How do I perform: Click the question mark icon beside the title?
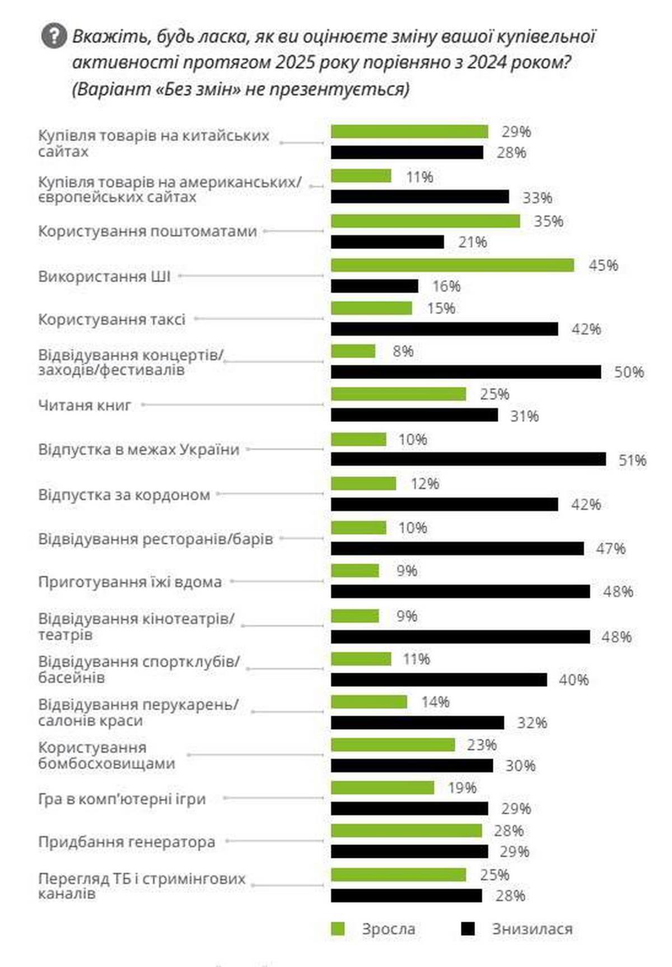[x=54, y=37]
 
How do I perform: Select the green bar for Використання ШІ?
[x=452, y=265]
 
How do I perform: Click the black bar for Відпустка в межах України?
[x=468, y=459]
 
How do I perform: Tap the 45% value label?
[x=603, y=265]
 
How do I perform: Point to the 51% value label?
[x=632, y=460]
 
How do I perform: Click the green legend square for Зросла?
[x=338, y=929]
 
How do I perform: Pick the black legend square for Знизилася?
[x=468, y=929]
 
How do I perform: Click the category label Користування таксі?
[x=111, y=320]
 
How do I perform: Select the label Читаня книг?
[x=85, y=405]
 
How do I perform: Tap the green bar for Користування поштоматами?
[x=426, y=221]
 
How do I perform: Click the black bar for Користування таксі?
[x=445, y=329]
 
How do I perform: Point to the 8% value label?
[x=403, y=351]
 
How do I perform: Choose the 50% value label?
[x=629, y=372]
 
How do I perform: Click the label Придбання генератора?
[x=127, y=842]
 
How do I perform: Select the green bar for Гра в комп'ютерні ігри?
[x=382, y=788]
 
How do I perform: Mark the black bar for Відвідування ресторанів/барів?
[x=458, y=548]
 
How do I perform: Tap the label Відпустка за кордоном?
[x=124, y=495]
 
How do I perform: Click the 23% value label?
[x=482, y=745]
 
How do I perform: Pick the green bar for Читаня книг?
[x=398, y=394]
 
